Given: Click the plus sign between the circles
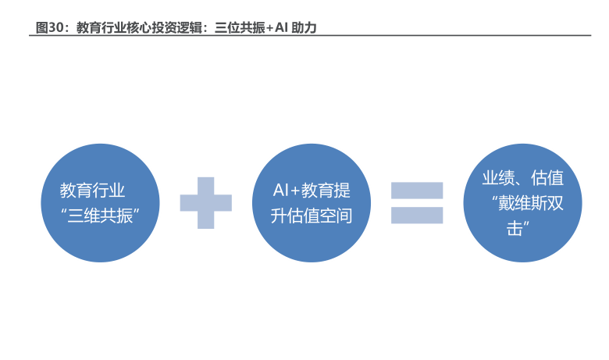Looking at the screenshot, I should coord(205,203).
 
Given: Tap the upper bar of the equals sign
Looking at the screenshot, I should coord(417,190).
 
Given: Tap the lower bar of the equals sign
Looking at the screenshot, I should coord(417,216).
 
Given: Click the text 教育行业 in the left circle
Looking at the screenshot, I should coord(93,190).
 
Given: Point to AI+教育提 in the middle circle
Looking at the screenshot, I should coord(312,190).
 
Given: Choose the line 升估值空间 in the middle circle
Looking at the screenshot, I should coord(312,216).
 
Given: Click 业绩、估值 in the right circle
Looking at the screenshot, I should coord(522,178).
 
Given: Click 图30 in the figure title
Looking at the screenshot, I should coord(48,27).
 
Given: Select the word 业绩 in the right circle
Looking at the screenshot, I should coord(497,178).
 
